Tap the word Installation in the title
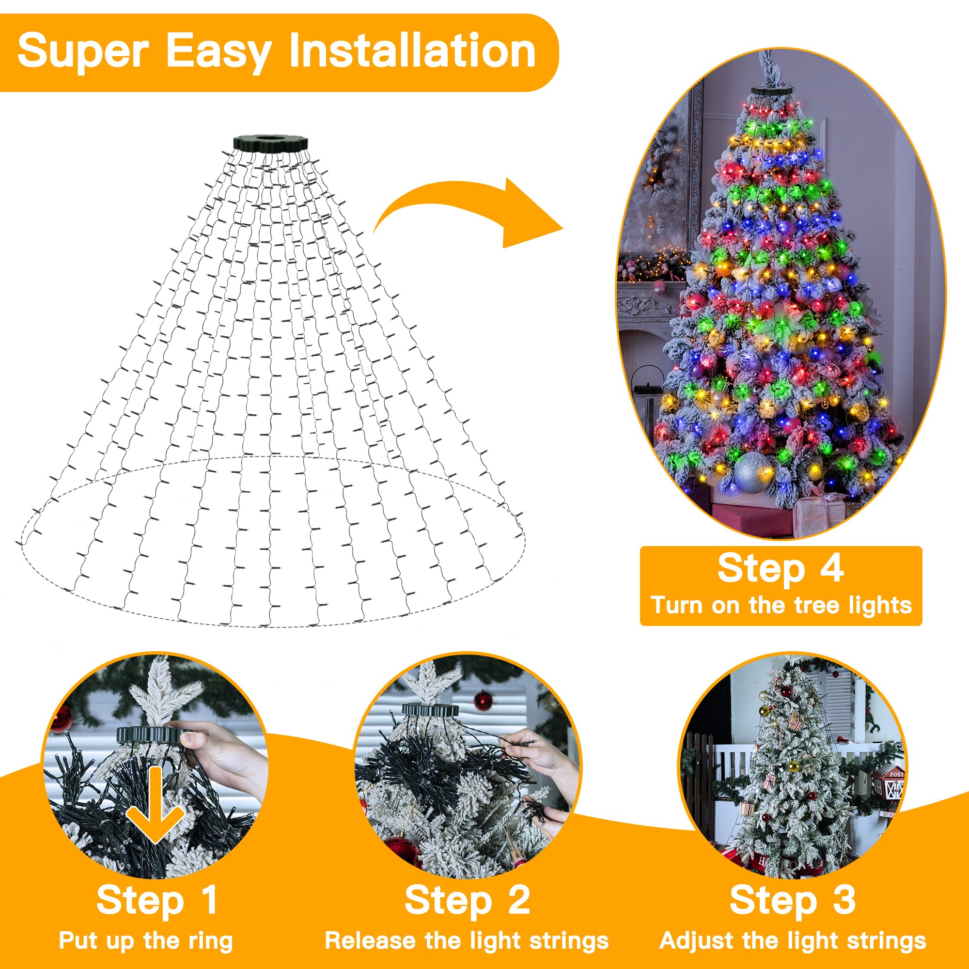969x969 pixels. point(412,51)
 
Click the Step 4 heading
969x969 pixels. point(781,569)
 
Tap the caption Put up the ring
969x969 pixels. point(145,940)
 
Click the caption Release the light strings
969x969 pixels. point(467,940)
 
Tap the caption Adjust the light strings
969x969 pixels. point(793,940)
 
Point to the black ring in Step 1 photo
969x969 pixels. point(148,735)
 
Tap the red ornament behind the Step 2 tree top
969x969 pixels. point(483,701)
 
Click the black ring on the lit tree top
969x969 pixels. point(771,91)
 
